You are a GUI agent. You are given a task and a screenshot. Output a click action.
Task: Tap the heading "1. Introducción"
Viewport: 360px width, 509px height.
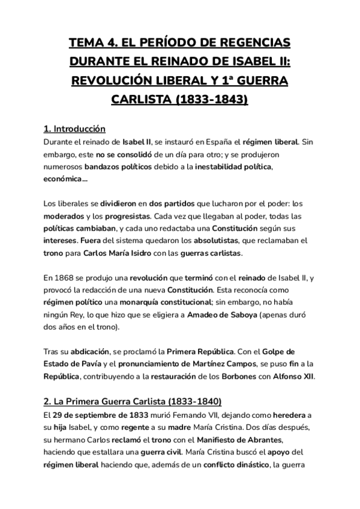point(75,129)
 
